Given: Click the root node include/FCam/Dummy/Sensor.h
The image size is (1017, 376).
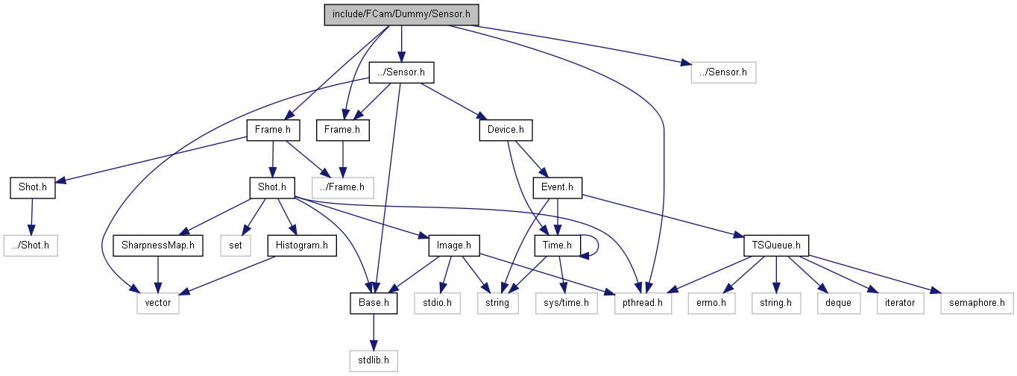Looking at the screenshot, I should click(x=401, y=15).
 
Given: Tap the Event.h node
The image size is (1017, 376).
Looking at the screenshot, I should click(x=557, y=187).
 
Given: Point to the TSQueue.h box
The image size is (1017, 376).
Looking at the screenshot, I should click(x=777, y=245).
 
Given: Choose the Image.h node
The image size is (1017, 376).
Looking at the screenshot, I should click(x=454, y=245).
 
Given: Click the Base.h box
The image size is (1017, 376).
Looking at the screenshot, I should click(x=372, y=303).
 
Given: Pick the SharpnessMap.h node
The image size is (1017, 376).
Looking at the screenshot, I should click(x=157, y=245).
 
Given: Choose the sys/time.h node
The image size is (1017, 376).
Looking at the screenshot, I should click(x=566, y=303).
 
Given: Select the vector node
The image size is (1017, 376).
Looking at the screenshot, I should click(x=157, y=303).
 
